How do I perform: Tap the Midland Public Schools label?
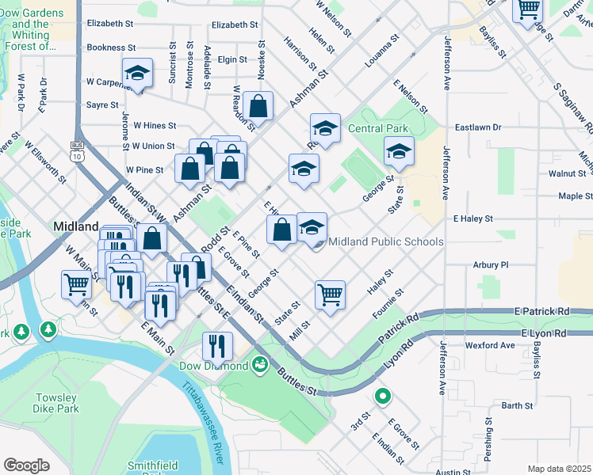[x=385, y=241]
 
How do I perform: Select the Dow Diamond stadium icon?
[x=259, y=365]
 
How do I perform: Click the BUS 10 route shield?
[x=77, y=151]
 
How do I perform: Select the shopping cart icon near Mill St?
[x=330, y=294]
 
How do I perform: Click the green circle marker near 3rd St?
[x=382, y=397]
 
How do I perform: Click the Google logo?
[x=26, y=465]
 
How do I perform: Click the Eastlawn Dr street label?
[x=478, y=127]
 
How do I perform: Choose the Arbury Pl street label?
[x=490, y=264]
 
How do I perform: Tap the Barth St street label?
[x=517, y=405]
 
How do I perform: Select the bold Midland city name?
[x=75, y=226]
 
